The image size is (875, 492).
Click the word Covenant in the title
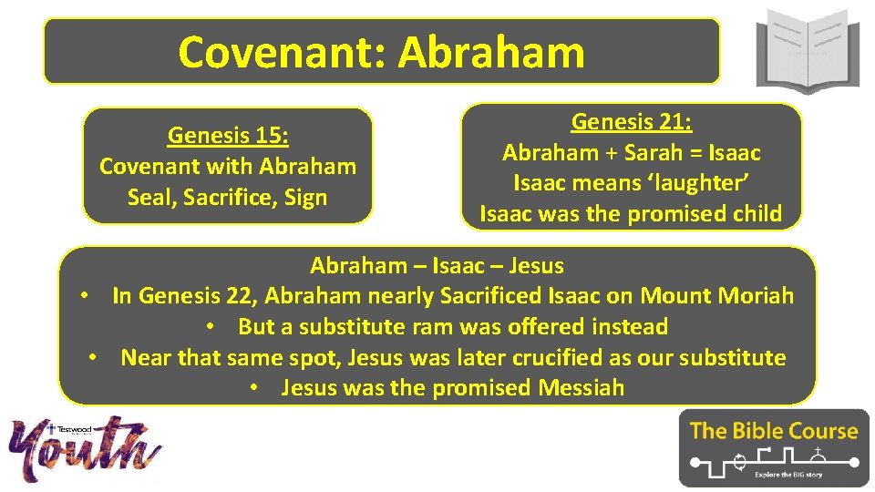tap(283, 52)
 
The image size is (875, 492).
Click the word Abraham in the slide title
tap(491, 52)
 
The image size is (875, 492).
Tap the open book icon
tap(807, 50)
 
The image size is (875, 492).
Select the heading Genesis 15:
tap(228, 136)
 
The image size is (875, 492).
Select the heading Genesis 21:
tap(632, 121)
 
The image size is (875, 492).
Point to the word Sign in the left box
tap(304, 197)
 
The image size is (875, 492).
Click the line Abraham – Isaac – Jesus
tap(437, 266)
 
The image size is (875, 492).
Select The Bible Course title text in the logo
tap(774, 430)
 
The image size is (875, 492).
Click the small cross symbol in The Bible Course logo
tap(818, 452)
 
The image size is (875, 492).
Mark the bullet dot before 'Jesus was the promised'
tap(259, 388)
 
